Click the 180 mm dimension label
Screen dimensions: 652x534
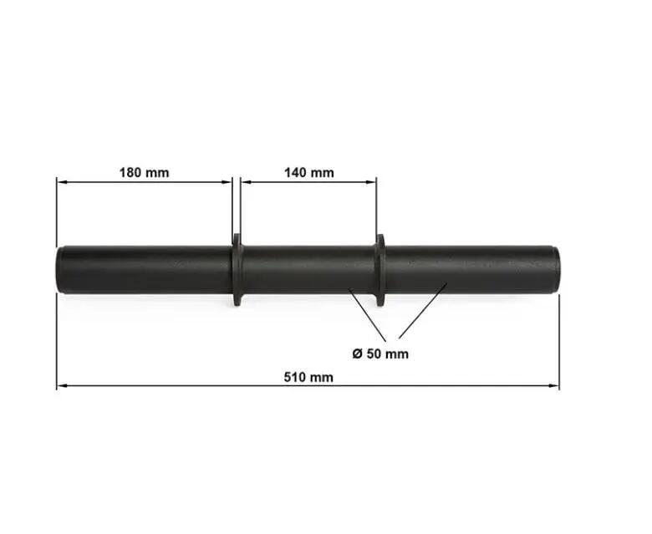[145, 172]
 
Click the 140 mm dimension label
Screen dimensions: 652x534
[309, 172]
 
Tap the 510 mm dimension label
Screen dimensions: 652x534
[308, 378]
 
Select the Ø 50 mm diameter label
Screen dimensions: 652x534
[380, 353]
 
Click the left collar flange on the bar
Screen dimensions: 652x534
[237, 270]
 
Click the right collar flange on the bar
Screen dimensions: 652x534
[380, 270]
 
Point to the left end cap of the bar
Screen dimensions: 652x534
[59, 271]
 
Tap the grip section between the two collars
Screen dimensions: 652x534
[308, 270]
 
